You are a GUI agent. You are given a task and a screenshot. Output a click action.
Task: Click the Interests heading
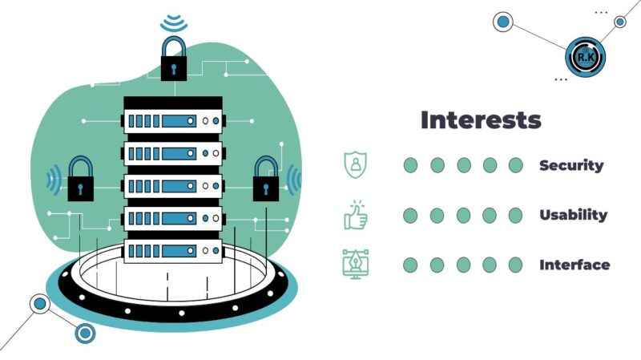(481, 120)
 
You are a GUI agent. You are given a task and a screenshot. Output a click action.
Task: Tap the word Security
(571, 165)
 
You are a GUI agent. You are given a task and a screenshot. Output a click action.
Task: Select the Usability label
(573, 215)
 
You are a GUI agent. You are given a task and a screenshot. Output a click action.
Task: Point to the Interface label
(574, 265)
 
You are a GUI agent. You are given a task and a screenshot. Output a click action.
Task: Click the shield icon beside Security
(353, 164)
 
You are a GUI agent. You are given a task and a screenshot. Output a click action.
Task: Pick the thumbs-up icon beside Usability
(354, 214)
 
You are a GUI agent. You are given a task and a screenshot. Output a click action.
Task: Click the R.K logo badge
(585, 55)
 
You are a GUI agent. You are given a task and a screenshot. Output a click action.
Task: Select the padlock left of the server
(79, 180)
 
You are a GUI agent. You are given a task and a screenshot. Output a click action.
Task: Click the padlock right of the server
(266, 180)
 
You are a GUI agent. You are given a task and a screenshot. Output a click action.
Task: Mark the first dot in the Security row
(410, 165)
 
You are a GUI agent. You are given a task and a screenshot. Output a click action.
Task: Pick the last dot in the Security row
(515, 165)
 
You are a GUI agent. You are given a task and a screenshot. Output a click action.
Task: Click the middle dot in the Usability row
(463, 215)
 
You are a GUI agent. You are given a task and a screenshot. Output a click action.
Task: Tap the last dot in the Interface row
(515, 265)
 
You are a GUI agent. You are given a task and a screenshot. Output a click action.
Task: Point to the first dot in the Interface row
(410, 265)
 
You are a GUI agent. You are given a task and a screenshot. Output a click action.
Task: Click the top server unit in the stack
(172, 121)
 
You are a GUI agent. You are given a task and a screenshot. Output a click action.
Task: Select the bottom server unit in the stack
(172, 249)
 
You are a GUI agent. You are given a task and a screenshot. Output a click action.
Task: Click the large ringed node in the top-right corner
(503, 22)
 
